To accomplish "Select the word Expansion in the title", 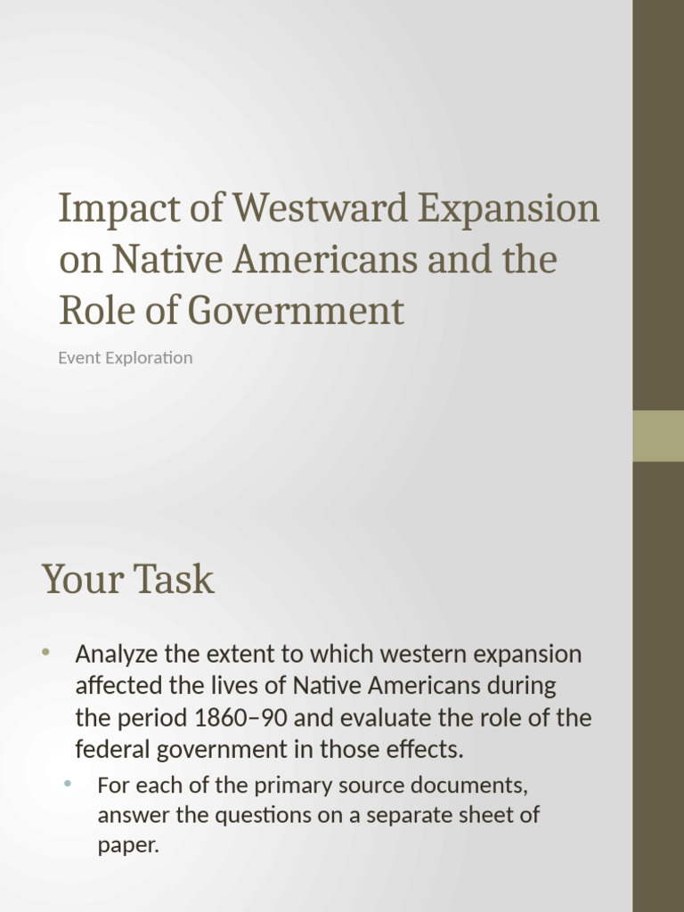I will coord(509,208).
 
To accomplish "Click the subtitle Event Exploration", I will coord(126,358).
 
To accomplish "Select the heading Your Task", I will coord(128,579).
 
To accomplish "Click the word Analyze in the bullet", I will coord(117,655).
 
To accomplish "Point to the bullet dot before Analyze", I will coord(45,653).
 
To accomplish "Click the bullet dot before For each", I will coord(68,784).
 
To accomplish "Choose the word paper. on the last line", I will coord(128,845).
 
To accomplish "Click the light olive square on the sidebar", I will coord(658,436).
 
